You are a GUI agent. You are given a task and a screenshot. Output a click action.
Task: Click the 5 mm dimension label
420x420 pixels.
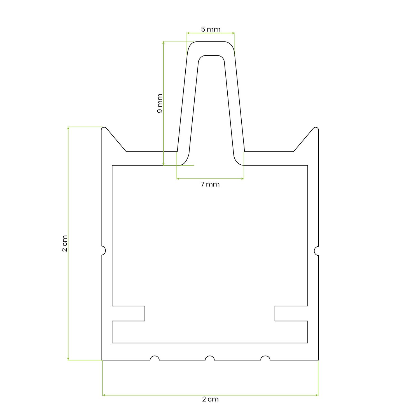point(211,29)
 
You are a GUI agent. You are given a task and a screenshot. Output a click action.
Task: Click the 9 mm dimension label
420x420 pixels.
point(160,103)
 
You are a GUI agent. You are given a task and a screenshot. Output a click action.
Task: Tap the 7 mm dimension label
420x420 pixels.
point(210,184)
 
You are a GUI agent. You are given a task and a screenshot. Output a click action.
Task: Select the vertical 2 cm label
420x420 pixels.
point(65,243)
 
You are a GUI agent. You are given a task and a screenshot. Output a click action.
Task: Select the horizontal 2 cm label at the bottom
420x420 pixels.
point(210,399)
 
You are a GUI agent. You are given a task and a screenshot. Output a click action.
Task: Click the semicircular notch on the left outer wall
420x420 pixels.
point(103,250)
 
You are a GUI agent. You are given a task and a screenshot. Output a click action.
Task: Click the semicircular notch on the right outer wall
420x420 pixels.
point(317,250)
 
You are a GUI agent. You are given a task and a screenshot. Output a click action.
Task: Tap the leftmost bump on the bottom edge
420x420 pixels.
point(155,358)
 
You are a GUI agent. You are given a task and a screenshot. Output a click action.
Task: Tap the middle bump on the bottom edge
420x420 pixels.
point(210,358)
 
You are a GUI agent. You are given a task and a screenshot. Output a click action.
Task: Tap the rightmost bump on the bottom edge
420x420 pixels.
point(265,358)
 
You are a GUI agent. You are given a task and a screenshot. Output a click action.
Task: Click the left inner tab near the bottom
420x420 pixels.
point(129,313)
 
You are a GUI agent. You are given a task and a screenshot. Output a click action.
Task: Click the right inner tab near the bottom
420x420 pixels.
point(291,313)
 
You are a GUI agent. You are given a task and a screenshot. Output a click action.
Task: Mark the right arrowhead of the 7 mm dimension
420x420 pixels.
point(242,178)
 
